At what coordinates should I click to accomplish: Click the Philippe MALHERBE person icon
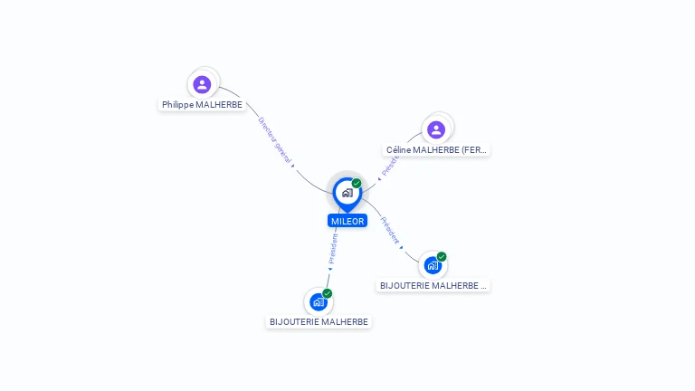[202, 84]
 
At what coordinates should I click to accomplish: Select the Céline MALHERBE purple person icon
[436, 129]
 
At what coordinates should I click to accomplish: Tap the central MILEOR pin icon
[347, 193]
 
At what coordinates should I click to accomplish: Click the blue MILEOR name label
[347, 221]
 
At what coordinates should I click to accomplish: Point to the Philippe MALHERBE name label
[202, 105]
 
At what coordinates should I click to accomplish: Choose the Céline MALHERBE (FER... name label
[436, 150]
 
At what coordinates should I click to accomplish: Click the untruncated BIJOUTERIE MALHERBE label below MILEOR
[319, 321]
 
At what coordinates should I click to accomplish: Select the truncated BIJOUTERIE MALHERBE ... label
[433, 285]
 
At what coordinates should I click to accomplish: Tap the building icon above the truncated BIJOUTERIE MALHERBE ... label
[433, 266]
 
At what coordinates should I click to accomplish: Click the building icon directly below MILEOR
[318, 302]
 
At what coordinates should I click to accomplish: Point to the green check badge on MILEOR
[357, 184]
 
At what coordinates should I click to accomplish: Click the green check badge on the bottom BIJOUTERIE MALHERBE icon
[328, 293]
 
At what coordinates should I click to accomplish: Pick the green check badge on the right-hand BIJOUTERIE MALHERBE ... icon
[442, 257]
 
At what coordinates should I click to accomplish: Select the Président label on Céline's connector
[390, 164]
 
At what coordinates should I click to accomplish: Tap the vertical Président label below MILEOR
[333, 248]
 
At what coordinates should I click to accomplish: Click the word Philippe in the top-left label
[178, 105]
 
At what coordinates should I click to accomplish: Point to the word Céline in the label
[398, 150]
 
